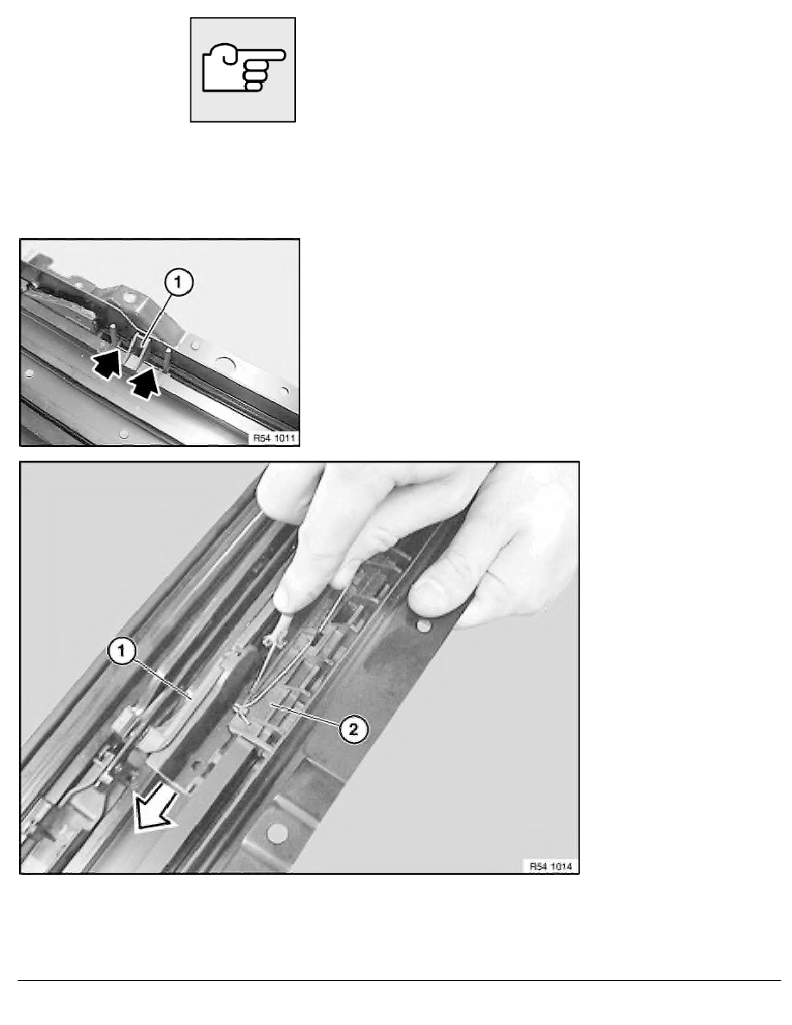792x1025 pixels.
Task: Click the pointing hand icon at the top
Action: (243, 68)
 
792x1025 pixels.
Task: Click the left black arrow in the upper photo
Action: (106, 363)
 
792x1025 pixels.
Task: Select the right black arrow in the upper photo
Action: (144, 381)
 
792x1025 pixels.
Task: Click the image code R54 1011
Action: (274, 437)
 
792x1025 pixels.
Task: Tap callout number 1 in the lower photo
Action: (123, 651)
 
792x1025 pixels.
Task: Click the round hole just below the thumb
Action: (424, 626)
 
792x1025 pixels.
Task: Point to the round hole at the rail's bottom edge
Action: (277, 833)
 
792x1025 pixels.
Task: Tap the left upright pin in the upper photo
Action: (112, 332)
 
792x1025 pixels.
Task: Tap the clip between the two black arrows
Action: (135, 352)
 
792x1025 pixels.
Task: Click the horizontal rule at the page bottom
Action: (399, 980)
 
